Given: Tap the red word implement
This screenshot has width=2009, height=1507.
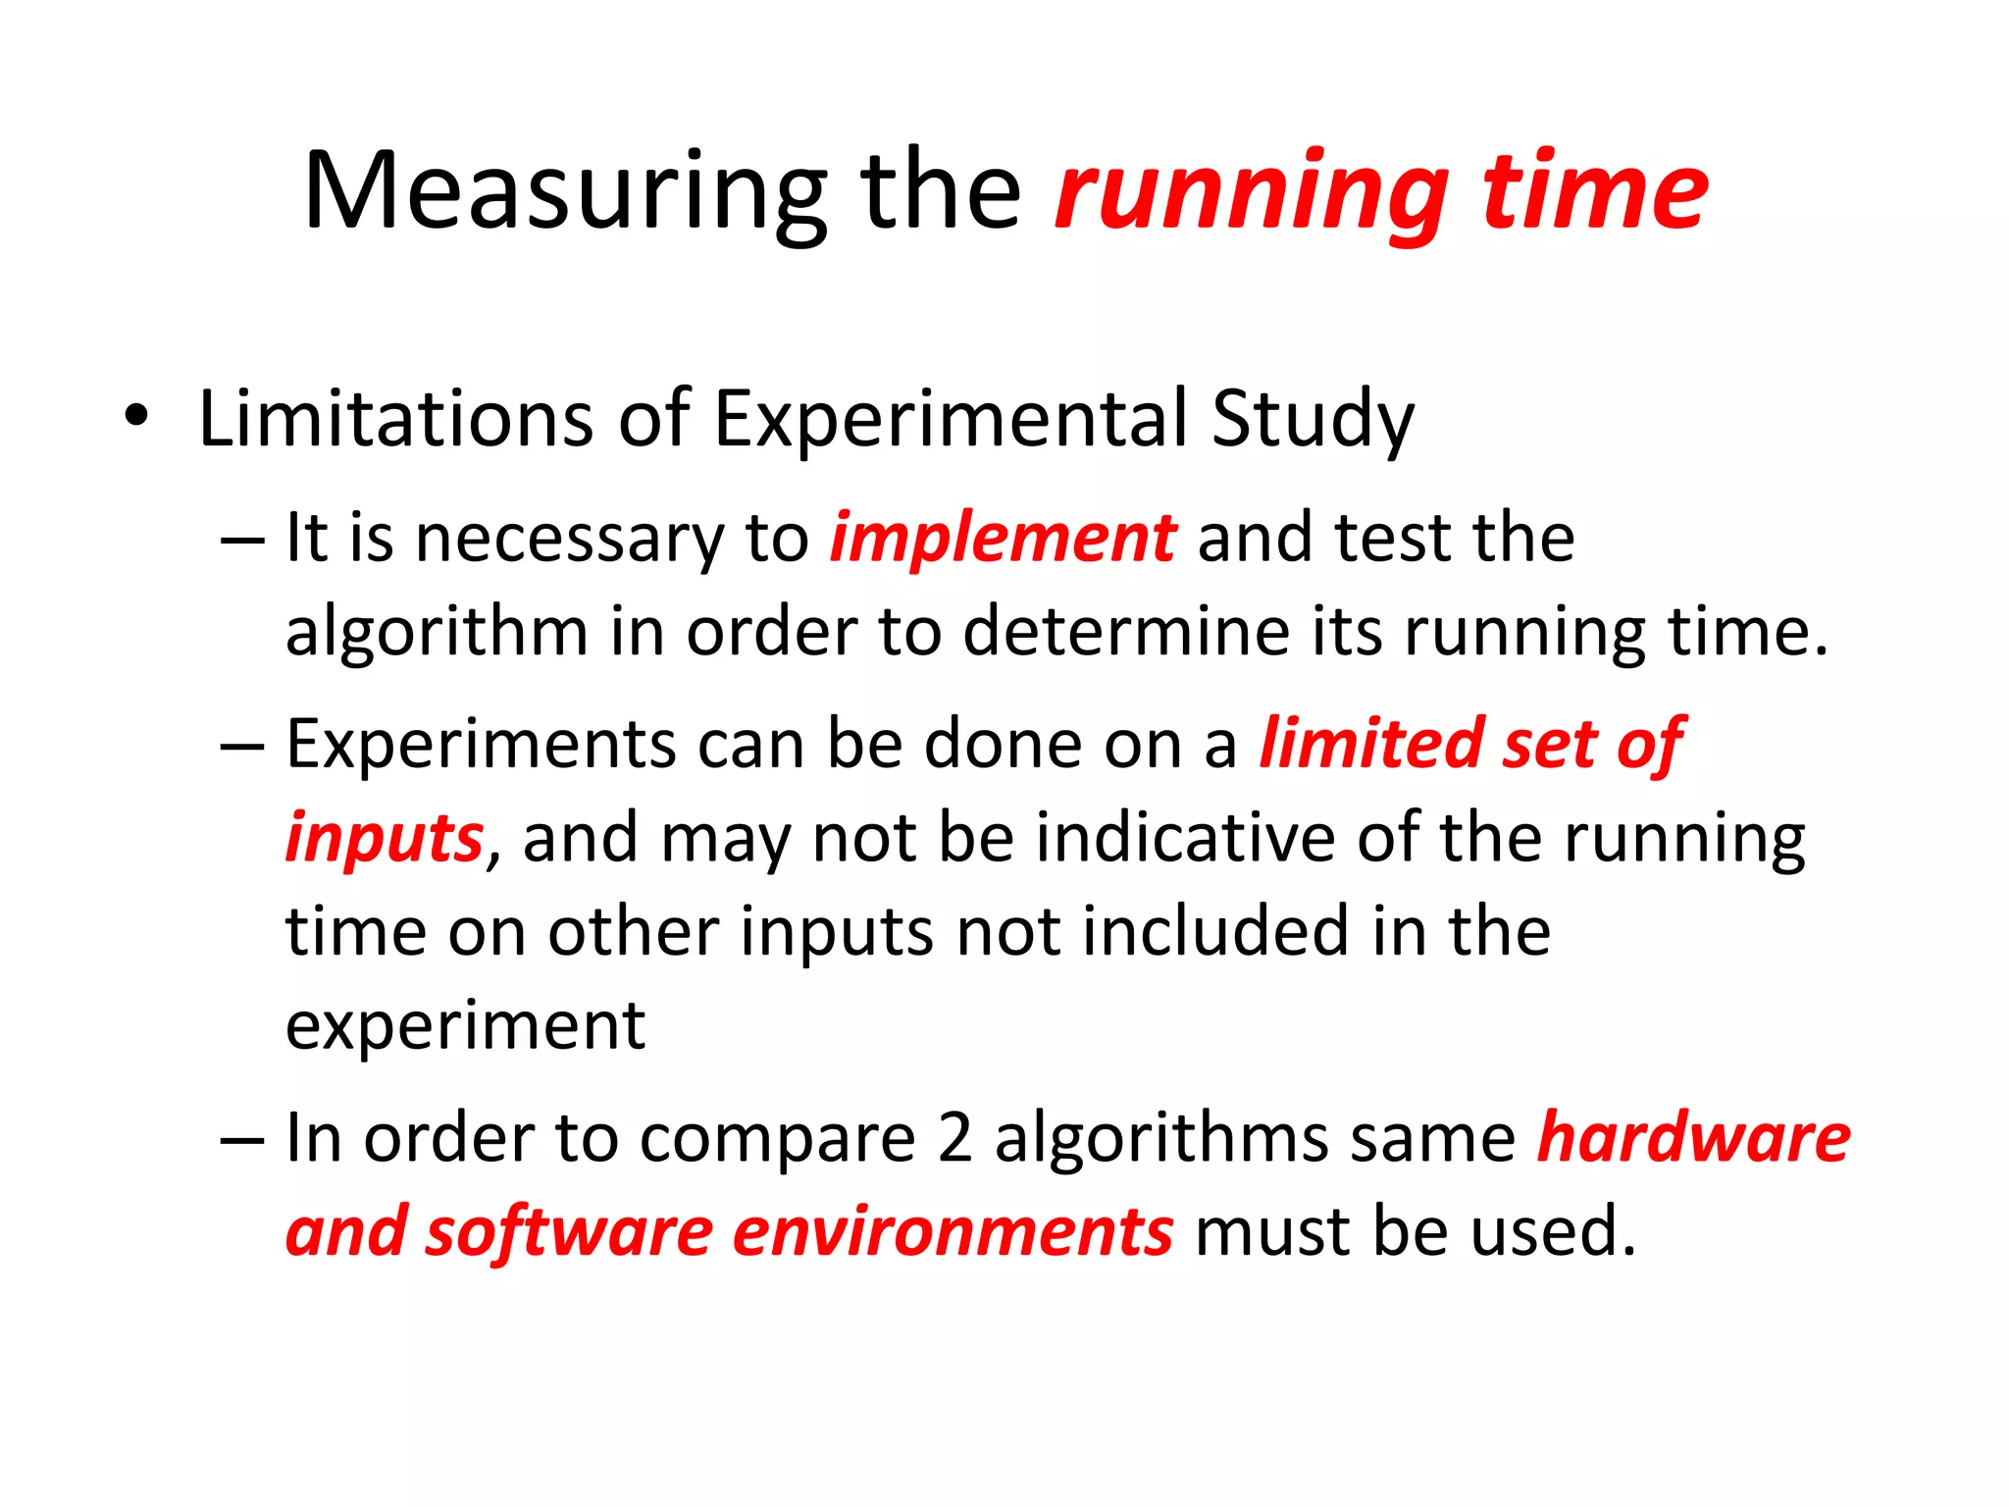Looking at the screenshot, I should click(1002, 539).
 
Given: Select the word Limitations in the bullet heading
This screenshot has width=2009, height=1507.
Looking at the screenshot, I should click(395, 419).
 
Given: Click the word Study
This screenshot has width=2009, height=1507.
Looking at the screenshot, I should click(1312, 419).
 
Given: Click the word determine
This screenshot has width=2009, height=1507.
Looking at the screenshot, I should click(1125, 631).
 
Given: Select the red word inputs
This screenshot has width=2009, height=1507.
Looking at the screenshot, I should click(384, 839).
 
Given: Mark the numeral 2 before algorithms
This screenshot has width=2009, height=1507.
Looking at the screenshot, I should click(954, 1138).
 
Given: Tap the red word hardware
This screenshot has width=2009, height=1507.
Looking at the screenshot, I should click(1693, 1138).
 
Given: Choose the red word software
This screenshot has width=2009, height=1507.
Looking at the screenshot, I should click(569, 1231).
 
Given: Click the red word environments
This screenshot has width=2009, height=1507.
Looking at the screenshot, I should click(953, 1231).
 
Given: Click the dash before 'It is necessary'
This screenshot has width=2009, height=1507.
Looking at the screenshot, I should click(242, 541).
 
